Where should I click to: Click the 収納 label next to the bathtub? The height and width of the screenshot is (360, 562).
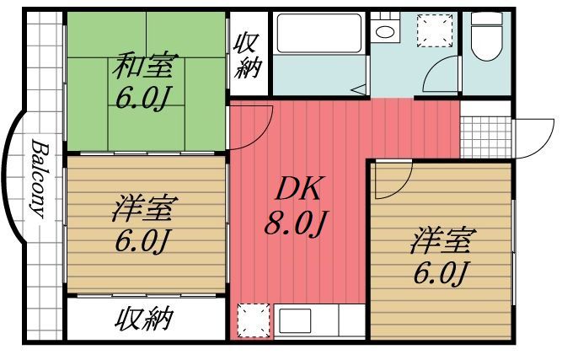[248, 55]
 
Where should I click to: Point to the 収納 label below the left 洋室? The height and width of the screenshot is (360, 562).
[145, 319]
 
